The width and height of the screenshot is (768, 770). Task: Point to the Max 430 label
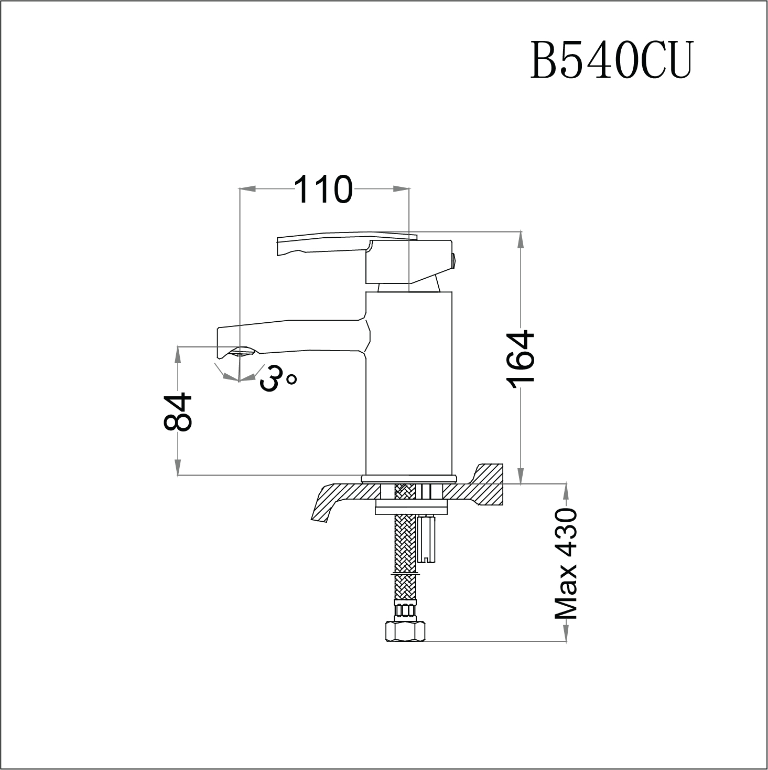pyautogui.click(x=566, y=563)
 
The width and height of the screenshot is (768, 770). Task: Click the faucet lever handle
pyautogui.click(x=341, y=245)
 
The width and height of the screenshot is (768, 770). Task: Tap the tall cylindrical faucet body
pyautogui.click(x=408, y=383)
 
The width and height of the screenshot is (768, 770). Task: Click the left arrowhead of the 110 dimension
pyautogui.click(x=247, y=188)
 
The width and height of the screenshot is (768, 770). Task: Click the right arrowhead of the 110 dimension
pyautogui.click(x=401, y=188)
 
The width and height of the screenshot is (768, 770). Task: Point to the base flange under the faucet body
pyautogui.click(x=409, y=478)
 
